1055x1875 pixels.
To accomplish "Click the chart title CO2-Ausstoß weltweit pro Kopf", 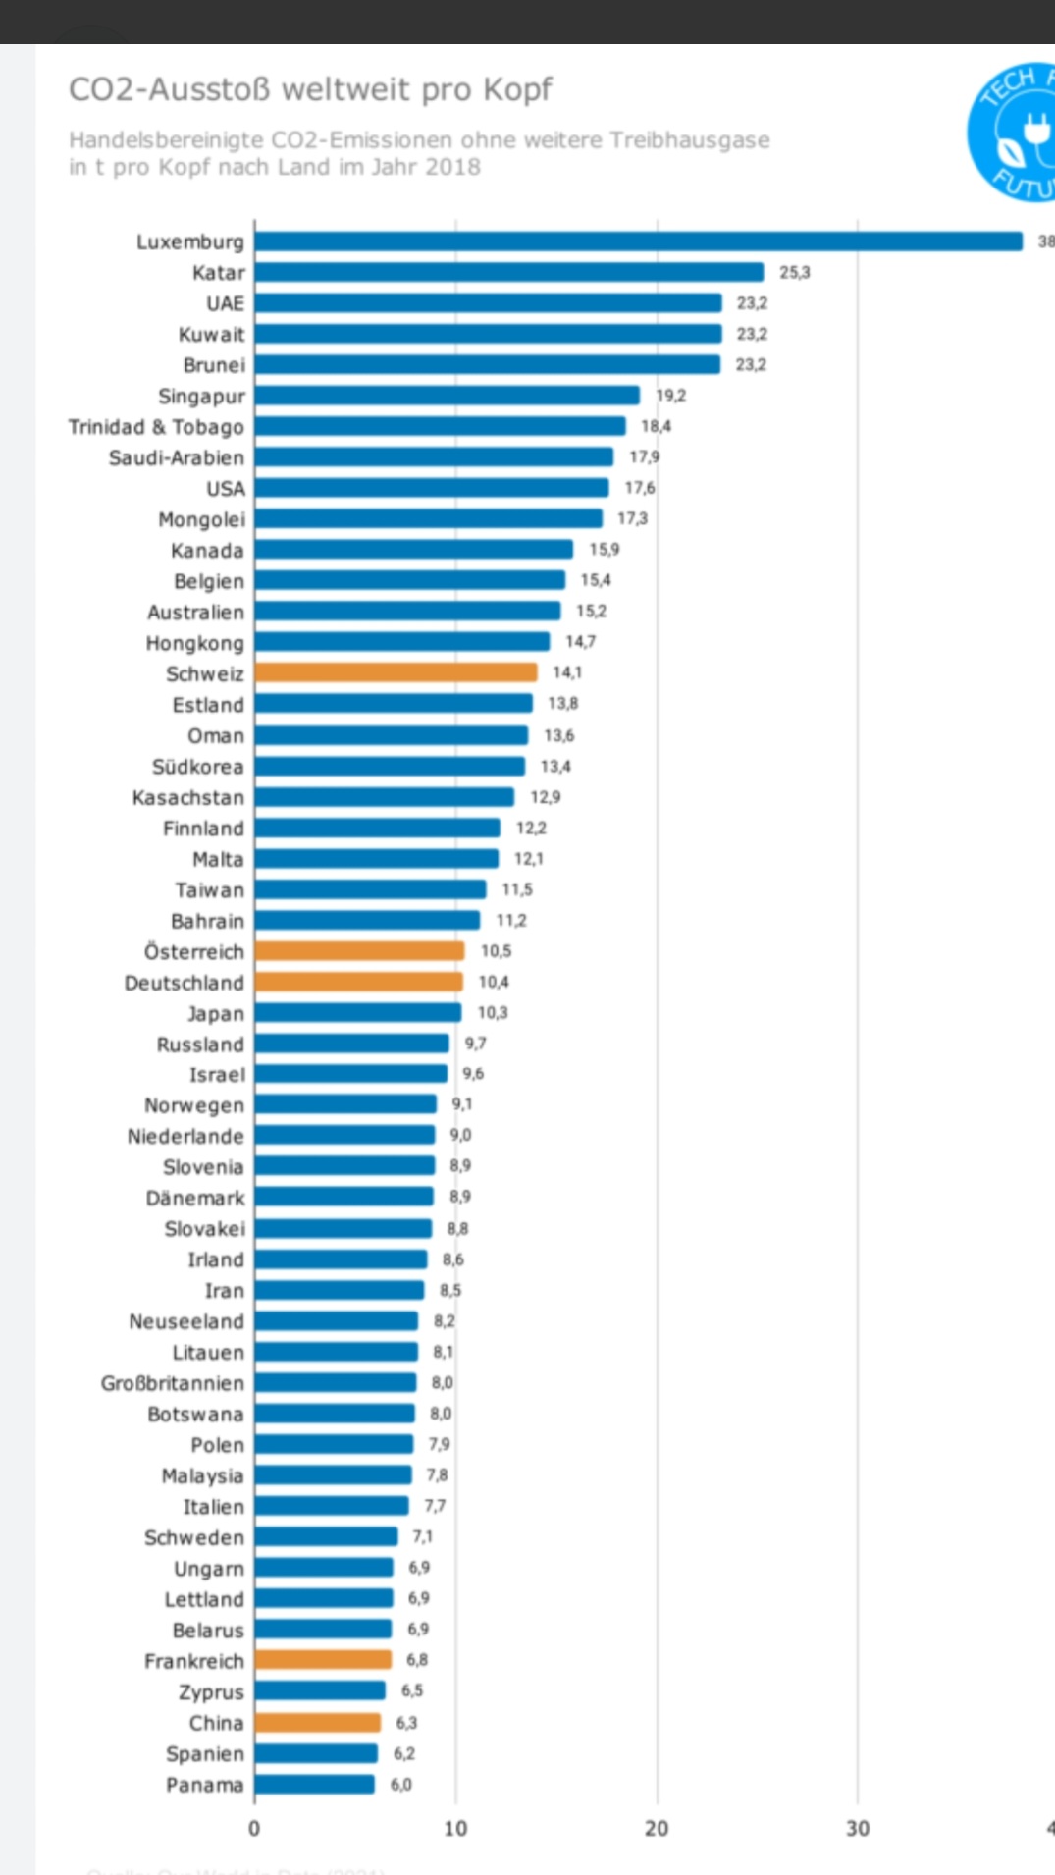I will click(x=310, y=89).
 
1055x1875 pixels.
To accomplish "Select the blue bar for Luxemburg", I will click(x=638, y=241).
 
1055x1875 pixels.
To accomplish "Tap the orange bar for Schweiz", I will click(x=396, y=672).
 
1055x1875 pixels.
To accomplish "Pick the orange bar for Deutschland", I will click(x=358, y=982).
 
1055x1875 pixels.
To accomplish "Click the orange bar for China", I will click(x=317, y=1723).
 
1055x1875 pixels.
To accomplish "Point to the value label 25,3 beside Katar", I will click(x=795, y=272).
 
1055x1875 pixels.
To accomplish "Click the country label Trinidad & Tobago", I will click(x=156, y=427).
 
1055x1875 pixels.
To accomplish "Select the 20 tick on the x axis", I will click(x=657, y=1828).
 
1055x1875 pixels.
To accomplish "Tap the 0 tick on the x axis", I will click(x=254, y=1828).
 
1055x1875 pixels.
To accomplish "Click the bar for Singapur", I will click(x=447, y=396).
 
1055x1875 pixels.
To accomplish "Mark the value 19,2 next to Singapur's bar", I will click(x=671, y=396).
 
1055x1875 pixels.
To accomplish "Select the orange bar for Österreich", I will click(x=359, y=951).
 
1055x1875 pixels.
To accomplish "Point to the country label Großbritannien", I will click(x=173, y=1383).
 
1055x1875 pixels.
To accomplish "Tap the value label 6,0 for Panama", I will click(x=401, y=1784).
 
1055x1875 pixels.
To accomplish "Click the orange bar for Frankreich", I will click(x=323, y=1660).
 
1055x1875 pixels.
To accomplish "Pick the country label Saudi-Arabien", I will click(x=177, y=457).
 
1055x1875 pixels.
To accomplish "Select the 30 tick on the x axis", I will click(x=858, y=1828).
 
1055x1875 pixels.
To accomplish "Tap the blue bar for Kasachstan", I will click(x=384, y=797).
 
